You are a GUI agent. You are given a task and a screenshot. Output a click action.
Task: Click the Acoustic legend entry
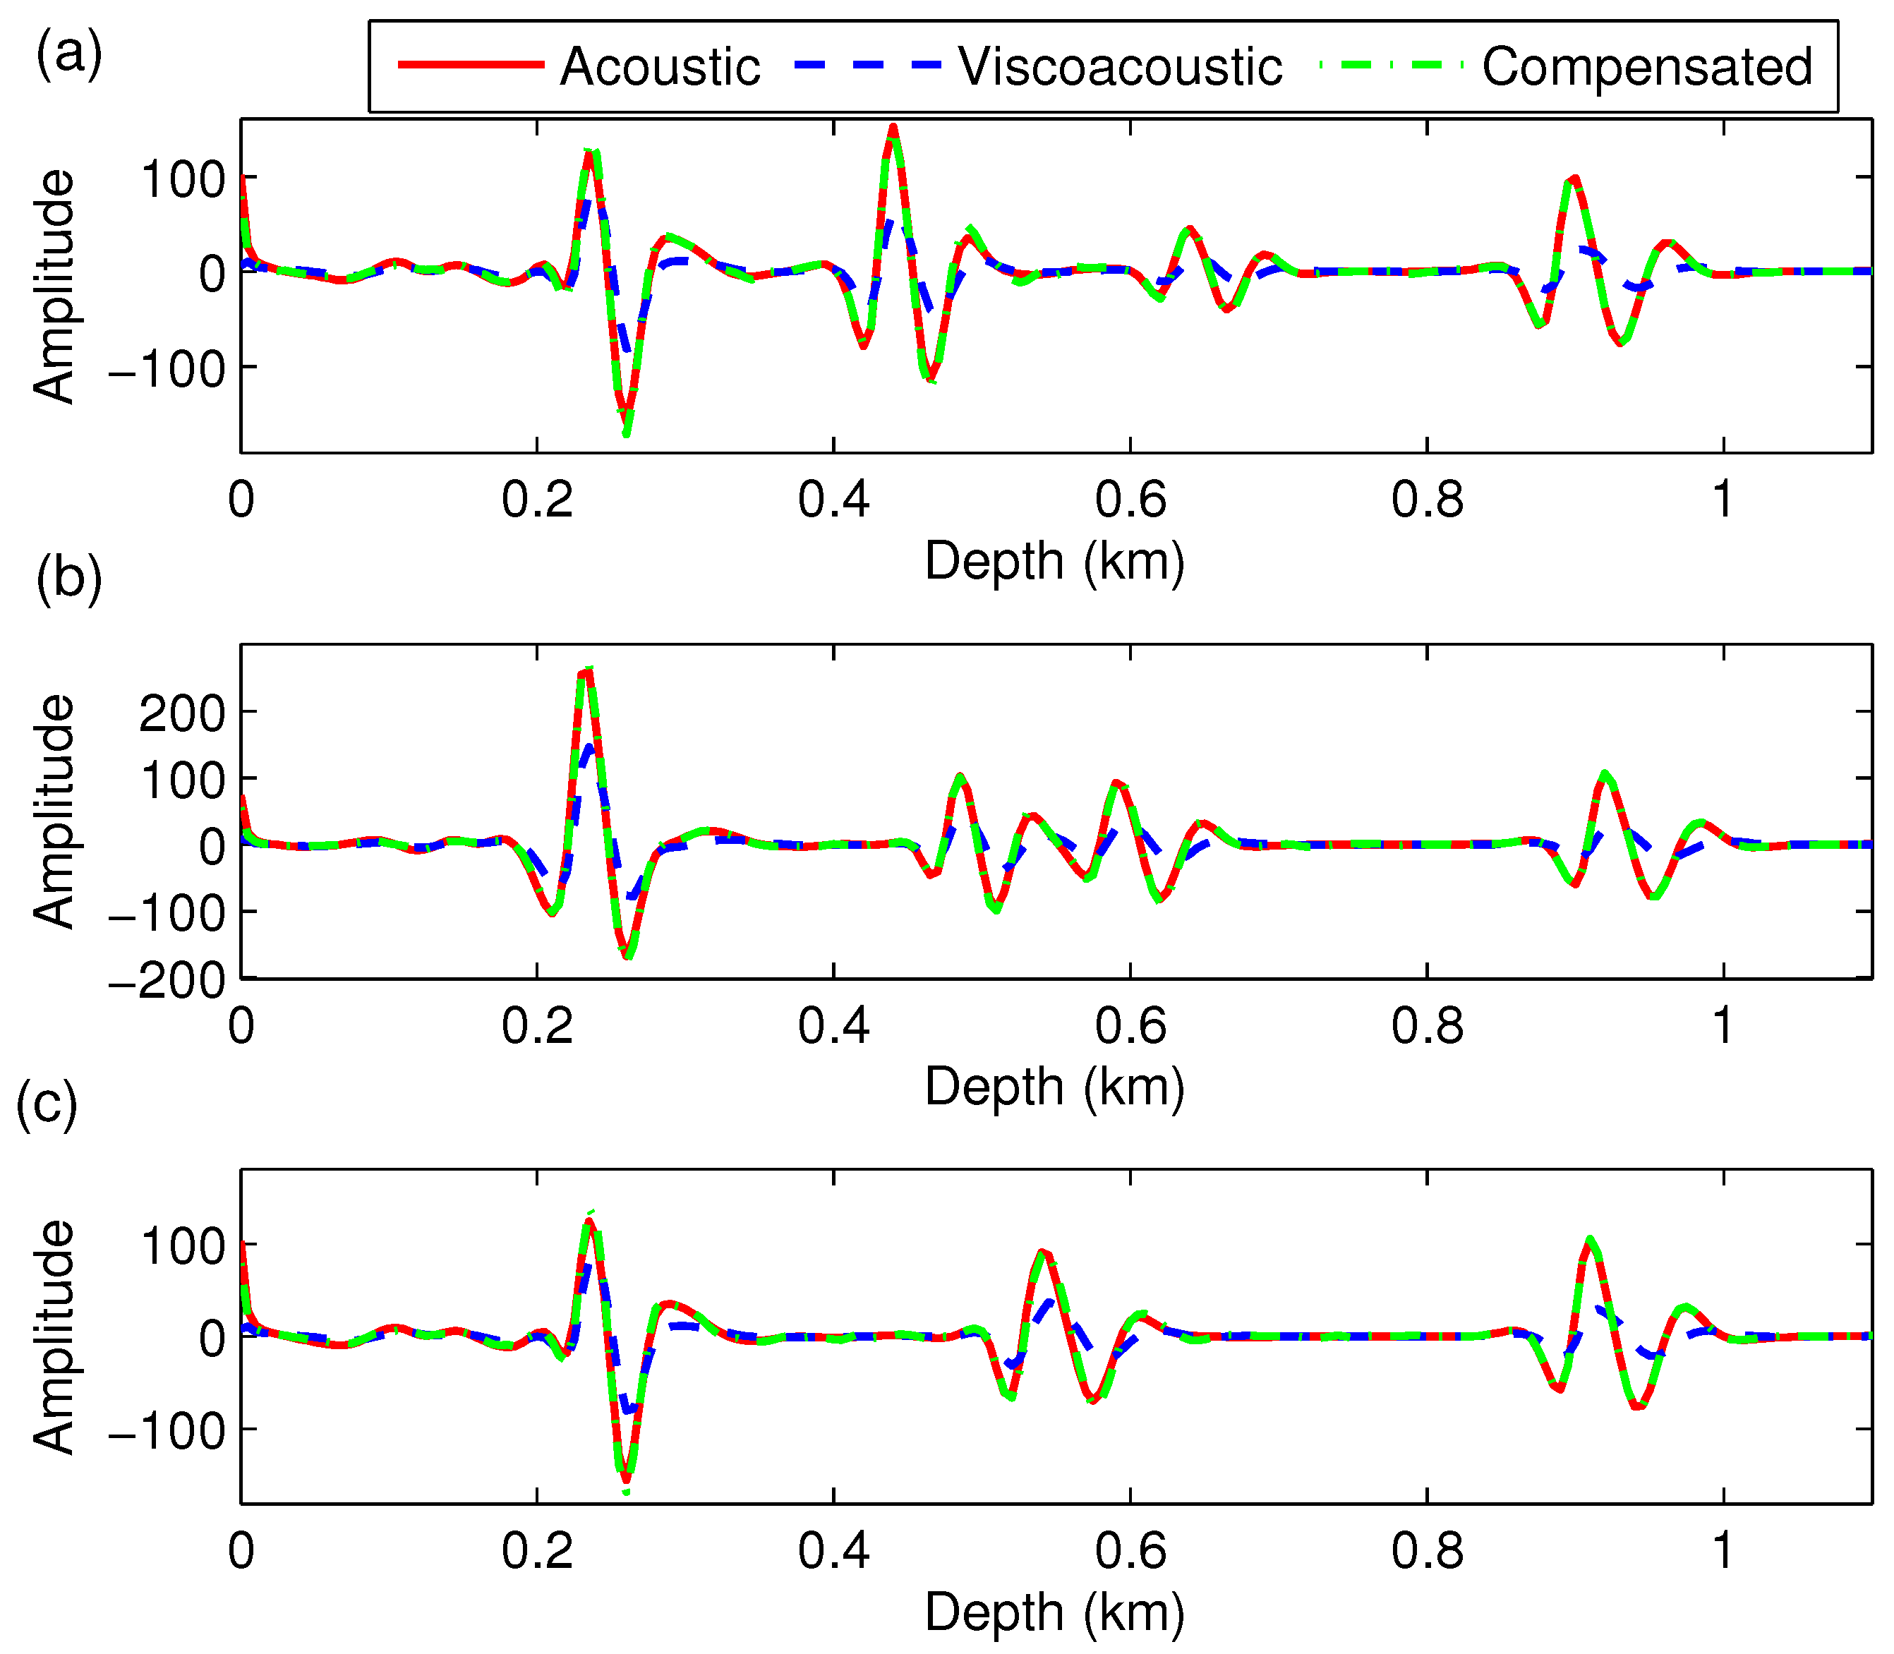click(659, 66)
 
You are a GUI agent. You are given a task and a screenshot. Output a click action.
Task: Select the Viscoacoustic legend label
click(1120, 66)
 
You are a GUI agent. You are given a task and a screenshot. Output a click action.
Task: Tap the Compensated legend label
click(1646, 66)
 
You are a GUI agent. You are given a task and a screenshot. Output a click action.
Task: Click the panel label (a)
click(68, 54)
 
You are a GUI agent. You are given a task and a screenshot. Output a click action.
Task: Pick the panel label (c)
click(47, 1104)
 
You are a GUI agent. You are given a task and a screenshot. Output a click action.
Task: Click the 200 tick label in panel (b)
click(182, 713)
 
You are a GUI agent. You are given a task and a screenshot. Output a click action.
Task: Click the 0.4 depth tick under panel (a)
click(833, 500)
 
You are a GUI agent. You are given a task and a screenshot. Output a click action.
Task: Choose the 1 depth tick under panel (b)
click(1723, 1025)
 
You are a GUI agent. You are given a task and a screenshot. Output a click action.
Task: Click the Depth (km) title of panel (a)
click(1054, 560)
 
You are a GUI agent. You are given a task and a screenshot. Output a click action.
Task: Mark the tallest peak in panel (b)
click(587, 671)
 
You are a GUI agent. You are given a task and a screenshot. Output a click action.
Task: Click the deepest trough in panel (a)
click(627, 432)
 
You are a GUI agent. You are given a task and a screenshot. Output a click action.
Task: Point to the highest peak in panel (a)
click(893, 128)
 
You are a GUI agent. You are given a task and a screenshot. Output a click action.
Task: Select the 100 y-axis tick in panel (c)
click(183, 1247)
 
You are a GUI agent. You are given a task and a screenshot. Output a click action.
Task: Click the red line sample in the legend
click(471, 65)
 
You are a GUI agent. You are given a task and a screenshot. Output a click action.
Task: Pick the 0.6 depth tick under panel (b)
click(1130, 1025)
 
